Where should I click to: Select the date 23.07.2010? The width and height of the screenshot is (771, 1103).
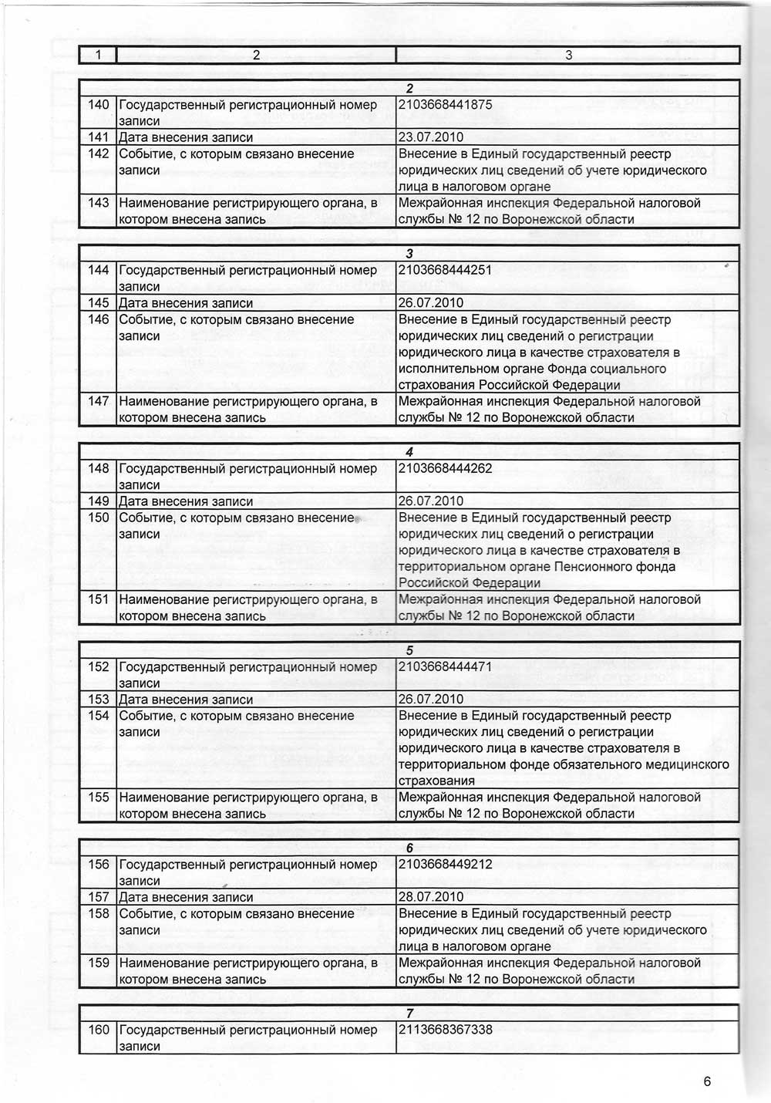coord(431,137)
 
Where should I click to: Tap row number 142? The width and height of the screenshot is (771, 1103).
coord(99,153)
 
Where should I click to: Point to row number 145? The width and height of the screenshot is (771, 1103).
coord(99,303)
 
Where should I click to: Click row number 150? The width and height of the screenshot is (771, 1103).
coord(99,518)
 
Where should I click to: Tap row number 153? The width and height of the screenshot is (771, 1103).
coord(99,700)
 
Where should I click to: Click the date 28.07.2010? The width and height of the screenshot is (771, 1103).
coord(431,897)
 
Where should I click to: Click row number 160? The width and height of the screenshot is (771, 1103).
coord(99,1030)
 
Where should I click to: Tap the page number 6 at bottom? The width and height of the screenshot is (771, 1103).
coord(707,1081)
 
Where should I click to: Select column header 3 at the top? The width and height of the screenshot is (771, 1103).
coord(568,55)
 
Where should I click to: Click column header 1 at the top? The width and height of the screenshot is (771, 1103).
coord(98,55)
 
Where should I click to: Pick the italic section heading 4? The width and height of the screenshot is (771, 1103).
coord(409,452)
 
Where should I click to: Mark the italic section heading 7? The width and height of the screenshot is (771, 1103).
coord(409,1014)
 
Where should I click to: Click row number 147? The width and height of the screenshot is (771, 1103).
coord(99,401)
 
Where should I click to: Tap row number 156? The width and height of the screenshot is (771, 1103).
coord(99,865)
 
